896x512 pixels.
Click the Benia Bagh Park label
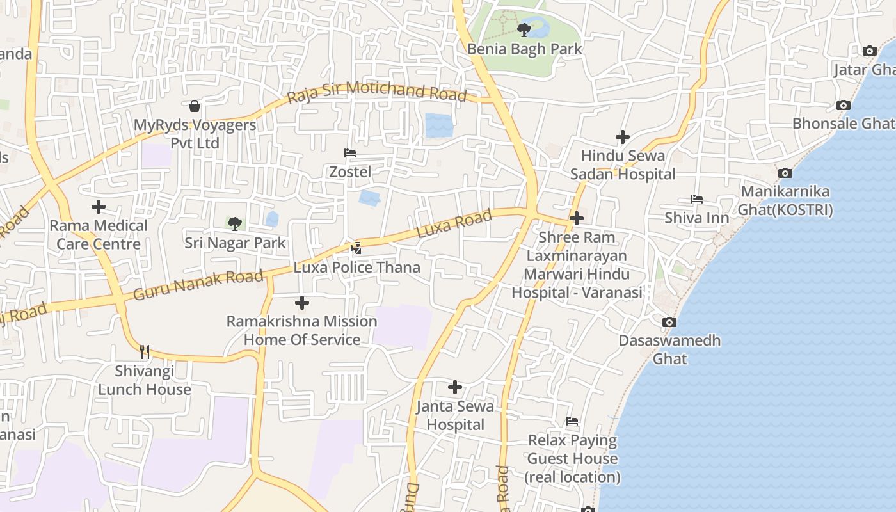click(524, 49)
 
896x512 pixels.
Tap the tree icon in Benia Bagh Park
click(524, 29)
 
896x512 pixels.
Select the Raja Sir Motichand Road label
click(377, 92)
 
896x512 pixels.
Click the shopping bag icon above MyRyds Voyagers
click(195, 106)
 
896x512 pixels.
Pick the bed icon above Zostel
click(350, 153)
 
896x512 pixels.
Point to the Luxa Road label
click(454, 223)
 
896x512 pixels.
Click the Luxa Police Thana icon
click(356, 248)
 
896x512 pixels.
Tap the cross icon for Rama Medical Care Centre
click(99, 207)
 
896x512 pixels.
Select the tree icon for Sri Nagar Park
click(235, 224)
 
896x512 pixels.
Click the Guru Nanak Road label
click(198, 285)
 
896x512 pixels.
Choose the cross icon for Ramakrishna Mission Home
click(302, 303)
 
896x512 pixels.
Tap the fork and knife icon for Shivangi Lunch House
click(145, 351)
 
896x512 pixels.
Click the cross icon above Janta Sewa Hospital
click(455, 387)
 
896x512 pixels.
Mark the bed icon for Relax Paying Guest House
click(572, 421)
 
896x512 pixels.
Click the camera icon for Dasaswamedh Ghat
click(669, 322)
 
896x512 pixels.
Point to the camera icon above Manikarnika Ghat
click(785, 173)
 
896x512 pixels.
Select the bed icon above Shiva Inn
click(697, 199)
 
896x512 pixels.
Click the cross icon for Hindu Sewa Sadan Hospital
click(623, 137)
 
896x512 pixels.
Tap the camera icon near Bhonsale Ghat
click(844, 105)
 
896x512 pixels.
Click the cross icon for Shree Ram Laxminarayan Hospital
click(577, 218)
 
